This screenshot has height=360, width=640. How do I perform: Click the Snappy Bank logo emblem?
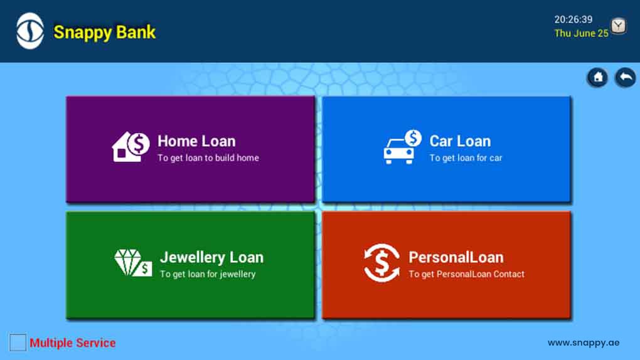[30, 31]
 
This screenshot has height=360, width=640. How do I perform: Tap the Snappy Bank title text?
[105, 32]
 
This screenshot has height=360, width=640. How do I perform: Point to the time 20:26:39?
[573, 19]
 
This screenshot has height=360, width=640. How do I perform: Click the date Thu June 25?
[581, 33]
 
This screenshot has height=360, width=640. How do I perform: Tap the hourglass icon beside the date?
[619, 26]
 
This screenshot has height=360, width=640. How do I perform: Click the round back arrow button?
[626, 77]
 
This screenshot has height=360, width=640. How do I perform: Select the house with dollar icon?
[131, 147]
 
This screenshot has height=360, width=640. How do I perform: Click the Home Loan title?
[196, 141]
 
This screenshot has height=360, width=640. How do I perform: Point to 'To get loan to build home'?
[208, 158]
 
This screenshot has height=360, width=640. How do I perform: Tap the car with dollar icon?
[402, 147]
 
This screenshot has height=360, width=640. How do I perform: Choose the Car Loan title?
[460, 141]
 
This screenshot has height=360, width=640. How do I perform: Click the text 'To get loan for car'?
[466, 158]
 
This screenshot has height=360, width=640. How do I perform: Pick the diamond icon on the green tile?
[132, 263]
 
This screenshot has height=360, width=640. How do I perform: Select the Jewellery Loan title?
[211, 258]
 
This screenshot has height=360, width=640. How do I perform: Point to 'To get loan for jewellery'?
[208, 274]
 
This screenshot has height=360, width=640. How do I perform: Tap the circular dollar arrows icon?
[381, 263]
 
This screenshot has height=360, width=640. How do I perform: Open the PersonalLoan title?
[456, 258]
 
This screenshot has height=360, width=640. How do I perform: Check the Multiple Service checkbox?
[18, 342]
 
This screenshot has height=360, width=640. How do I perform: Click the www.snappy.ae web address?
[584, 343]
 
